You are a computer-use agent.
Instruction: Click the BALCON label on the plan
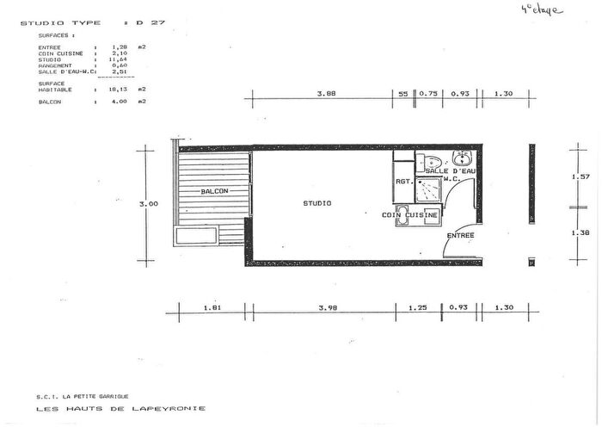(x=214, y=191)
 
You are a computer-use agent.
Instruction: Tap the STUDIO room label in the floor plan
(x=317, y=203)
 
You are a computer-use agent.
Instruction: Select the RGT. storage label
(x=403, y=182)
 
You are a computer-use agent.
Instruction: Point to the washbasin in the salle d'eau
(x=462, y=158)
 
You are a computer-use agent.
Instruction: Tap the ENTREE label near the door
(x=460, y=235)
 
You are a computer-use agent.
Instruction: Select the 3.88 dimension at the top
(x=326, y=94)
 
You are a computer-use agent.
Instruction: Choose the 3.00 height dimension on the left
(x=148, y=204)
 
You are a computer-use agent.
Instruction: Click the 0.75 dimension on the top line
(x=428, y=94)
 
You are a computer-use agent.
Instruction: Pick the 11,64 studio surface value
(x=120, y=59)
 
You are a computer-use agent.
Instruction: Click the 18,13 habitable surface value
(x=120, y=89)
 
